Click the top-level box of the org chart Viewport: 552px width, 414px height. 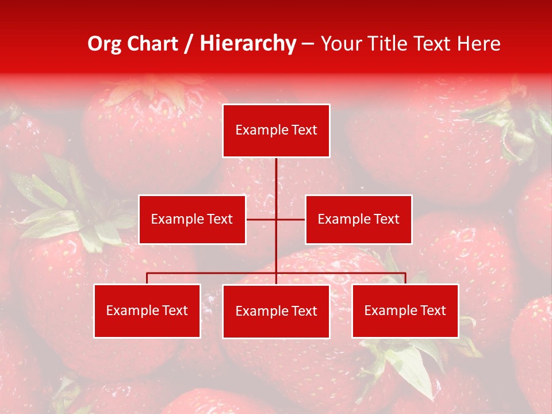coord(276,131)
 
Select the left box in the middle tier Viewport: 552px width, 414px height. coord(192,219)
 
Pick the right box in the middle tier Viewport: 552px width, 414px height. coord(358,219)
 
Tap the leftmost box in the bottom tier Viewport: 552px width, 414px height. coord(147,310)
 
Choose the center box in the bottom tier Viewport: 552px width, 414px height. coord(276,311)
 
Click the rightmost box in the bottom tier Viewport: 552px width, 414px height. coord(405,310)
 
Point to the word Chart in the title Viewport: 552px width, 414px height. coord(152,44)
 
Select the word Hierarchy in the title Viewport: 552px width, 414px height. coord(247,44)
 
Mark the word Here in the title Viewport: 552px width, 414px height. coord(478,44)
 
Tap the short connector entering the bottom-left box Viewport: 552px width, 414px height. coord(147,278)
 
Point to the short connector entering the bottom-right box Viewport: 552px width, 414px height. coord(405,278)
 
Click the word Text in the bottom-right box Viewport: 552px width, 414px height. coord(432,310)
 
